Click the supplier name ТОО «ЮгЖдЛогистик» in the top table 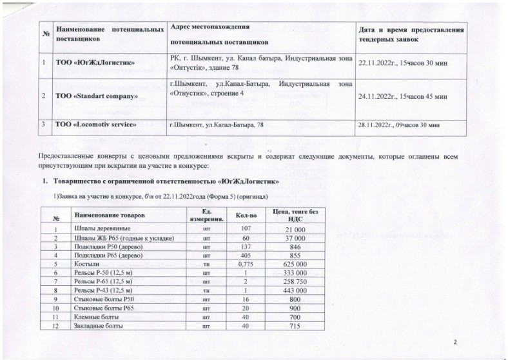[95, 63]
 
